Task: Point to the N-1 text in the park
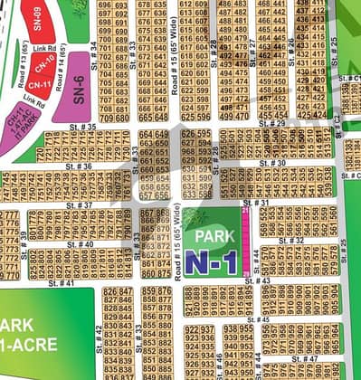(214, 262)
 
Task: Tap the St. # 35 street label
(81, 127)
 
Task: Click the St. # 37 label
(80, 205)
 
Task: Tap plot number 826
(111, 291)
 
